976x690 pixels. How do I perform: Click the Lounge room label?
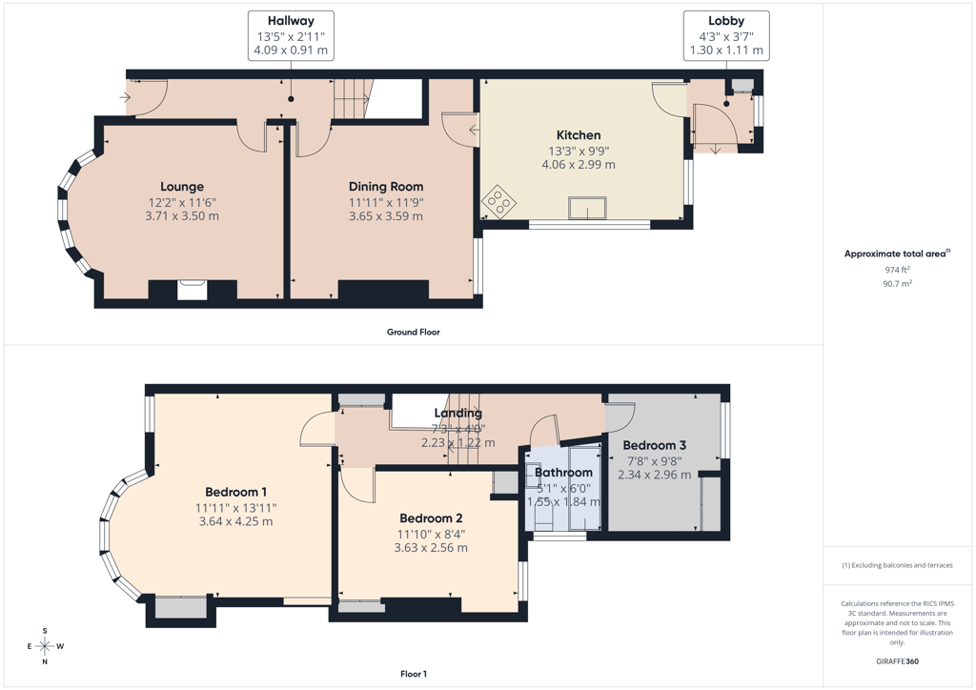182,187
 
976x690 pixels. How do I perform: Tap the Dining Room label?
386,187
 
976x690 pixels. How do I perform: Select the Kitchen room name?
579,135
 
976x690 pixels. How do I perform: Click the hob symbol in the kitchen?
499,202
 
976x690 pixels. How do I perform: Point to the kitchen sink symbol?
587,209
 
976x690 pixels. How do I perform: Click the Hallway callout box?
291,35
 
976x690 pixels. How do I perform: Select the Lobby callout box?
726,35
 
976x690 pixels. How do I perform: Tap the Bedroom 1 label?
236,492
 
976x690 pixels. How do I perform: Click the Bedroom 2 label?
431,518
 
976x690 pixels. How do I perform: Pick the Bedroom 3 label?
654,445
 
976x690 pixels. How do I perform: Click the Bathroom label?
563,473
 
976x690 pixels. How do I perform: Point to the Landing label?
458,413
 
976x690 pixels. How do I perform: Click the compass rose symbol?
45,646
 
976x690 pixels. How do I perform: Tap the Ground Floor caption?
414,333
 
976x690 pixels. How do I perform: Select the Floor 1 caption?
414,674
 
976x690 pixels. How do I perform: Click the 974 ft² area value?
898,270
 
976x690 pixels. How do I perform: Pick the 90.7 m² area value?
898,283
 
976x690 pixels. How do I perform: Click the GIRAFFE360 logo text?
898,661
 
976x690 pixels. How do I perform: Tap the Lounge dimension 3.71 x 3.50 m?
182,216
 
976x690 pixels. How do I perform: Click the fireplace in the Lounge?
192,291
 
